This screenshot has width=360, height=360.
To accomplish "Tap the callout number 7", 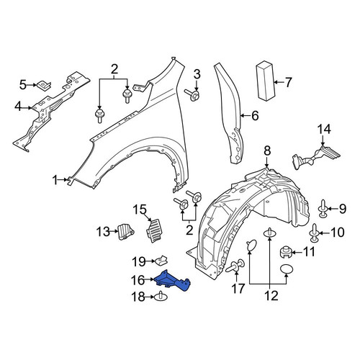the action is pos(288,82).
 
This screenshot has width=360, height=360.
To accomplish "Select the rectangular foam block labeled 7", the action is pos(266,80).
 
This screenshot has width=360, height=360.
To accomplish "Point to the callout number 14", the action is pos(325,129).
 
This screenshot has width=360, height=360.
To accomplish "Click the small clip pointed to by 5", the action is pos(44,86).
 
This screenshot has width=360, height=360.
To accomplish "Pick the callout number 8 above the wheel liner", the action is pos(267,151).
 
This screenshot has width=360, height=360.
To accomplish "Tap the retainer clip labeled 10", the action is pos(314,233).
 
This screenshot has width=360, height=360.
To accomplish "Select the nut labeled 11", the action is pos(286,252).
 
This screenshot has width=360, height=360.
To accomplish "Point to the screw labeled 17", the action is pos(235,266).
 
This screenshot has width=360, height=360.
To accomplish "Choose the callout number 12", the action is pos(271,295).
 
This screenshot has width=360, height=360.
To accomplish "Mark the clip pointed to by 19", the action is pos(161,260).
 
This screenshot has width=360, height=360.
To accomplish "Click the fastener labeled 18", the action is pos(161,297).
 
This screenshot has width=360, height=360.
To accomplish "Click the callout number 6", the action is pos(254,116).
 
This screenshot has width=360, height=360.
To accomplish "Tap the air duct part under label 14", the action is pos(315,156).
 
